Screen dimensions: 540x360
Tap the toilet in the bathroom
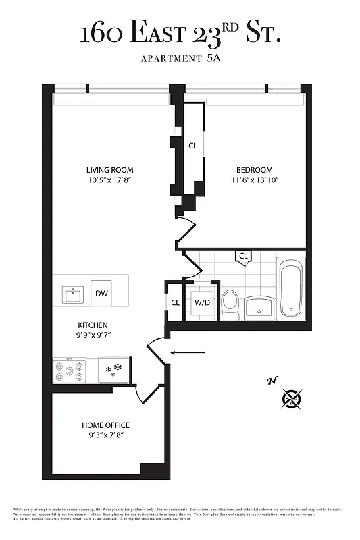(x=230, y=304)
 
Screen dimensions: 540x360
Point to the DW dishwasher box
(x=101, y=294)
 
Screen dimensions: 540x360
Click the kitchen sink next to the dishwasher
(x=72, y=294)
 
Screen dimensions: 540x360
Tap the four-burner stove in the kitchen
(x=69, y=371)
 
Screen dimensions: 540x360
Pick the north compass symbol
(x=292, y=400)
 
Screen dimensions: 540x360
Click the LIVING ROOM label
(x=109, y=170)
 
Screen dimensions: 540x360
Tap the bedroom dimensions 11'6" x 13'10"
(x=254, y=180)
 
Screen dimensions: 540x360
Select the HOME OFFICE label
(x=105, y=425)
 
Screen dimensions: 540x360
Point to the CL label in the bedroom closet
(x=192, y=146)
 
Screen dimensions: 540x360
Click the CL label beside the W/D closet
(x=175, y=303)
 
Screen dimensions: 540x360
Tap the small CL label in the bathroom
(x=244, y=256)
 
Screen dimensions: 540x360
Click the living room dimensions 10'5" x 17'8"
(x=109, y=180)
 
